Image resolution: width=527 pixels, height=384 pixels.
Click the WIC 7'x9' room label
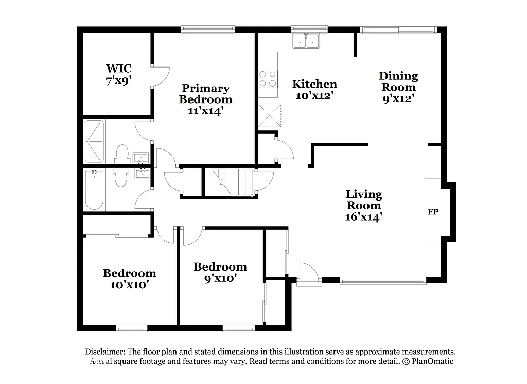(x=118, y=74)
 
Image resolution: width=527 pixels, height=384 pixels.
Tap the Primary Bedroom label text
(x=205, y=99)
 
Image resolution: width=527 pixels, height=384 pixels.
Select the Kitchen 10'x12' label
(x=314, y=90)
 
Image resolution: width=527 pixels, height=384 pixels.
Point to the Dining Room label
(x=398, y=87)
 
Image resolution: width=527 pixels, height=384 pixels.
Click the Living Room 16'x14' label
(x=363, y=206)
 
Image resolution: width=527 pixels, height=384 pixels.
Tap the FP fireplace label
(x=433, y=212)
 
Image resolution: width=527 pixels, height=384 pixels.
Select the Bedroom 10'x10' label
(x=129, y=278)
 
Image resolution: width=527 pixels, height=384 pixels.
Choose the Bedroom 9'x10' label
(x=220, y=272)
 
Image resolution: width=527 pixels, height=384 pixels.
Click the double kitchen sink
(x=307, y=41)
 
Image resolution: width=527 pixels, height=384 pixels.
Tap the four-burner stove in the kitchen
(x=267, y=79)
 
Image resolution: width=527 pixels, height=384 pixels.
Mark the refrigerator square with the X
(x=270, y=115)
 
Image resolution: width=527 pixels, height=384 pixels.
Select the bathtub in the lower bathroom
(x=94, y=189)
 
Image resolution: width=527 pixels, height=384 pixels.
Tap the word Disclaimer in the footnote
(x=104, y=351)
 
